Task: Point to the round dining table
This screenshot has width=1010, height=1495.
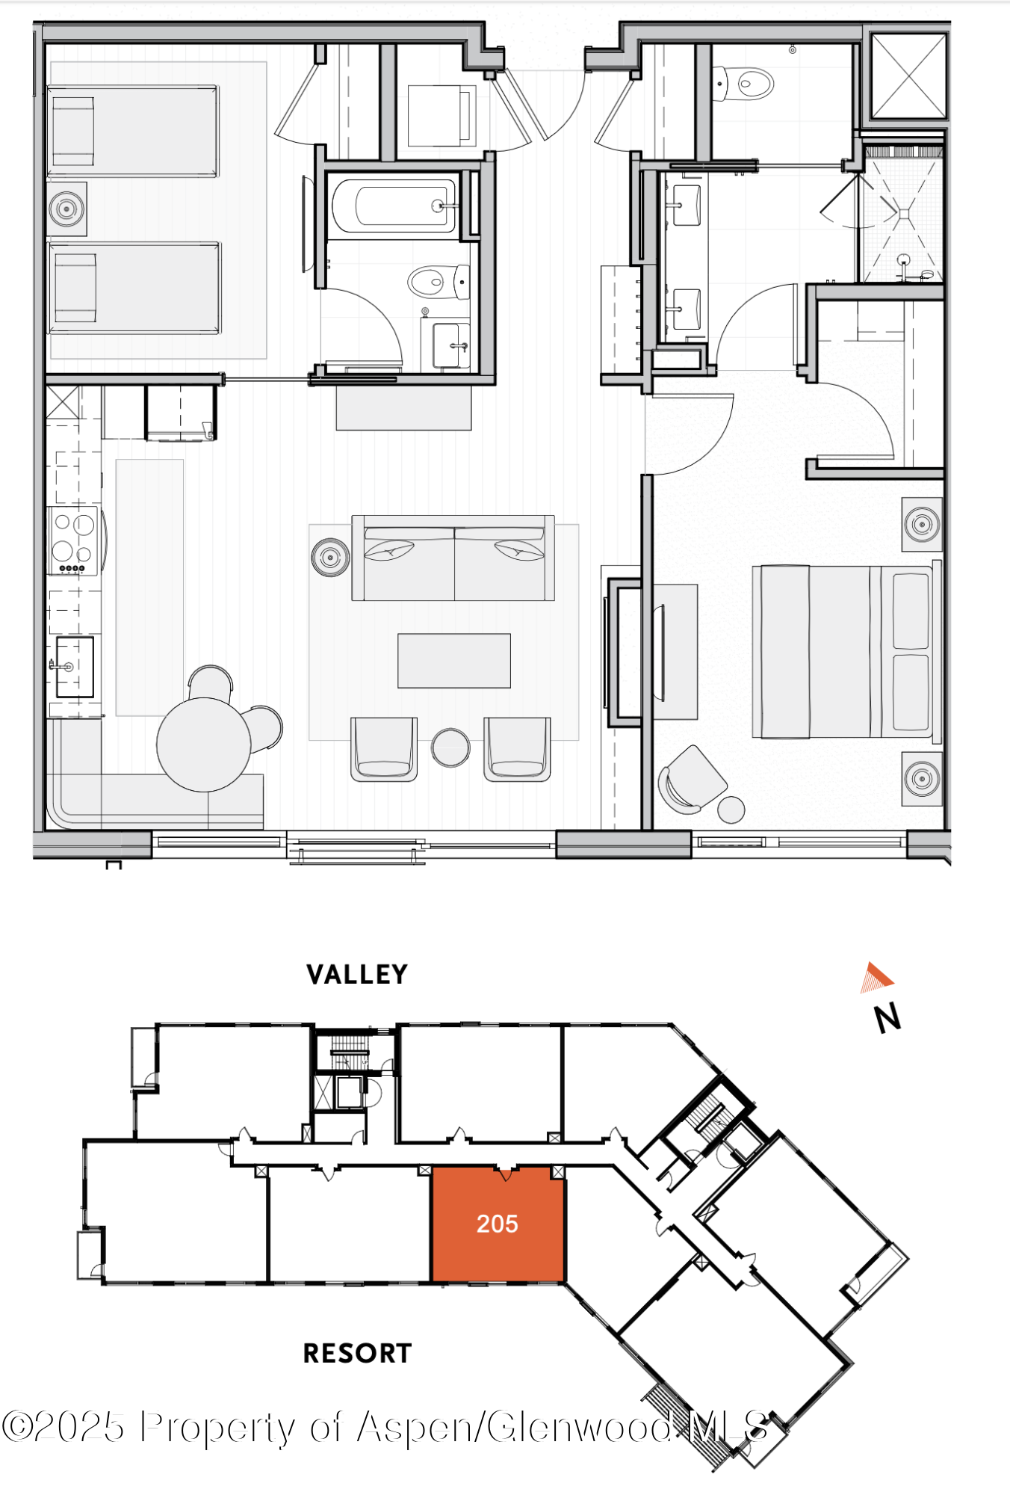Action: click(203, 745)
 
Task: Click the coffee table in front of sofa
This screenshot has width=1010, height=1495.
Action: click(453, 661)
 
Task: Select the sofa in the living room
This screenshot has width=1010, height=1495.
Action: click(453, 558)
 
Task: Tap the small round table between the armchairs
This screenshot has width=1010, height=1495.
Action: click(450, 747)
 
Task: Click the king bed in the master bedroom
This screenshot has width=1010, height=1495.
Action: click(844, 652)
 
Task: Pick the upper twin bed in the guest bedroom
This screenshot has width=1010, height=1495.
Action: click(133, 131)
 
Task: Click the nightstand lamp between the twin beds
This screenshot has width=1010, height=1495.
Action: click(66, 209)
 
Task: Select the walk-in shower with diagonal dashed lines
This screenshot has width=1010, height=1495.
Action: click(903, 215)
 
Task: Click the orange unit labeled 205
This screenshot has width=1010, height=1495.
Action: click(498, 1224)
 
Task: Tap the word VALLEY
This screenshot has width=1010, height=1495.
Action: click(357, 974)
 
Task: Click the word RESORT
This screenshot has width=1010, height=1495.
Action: click(357, 1353)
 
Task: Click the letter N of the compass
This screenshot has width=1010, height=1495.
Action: click(888, 1018)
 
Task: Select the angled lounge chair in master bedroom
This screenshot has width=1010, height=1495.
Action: click(693, 779)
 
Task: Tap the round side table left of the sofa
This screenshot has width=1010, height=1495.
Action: click(330, 557)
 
